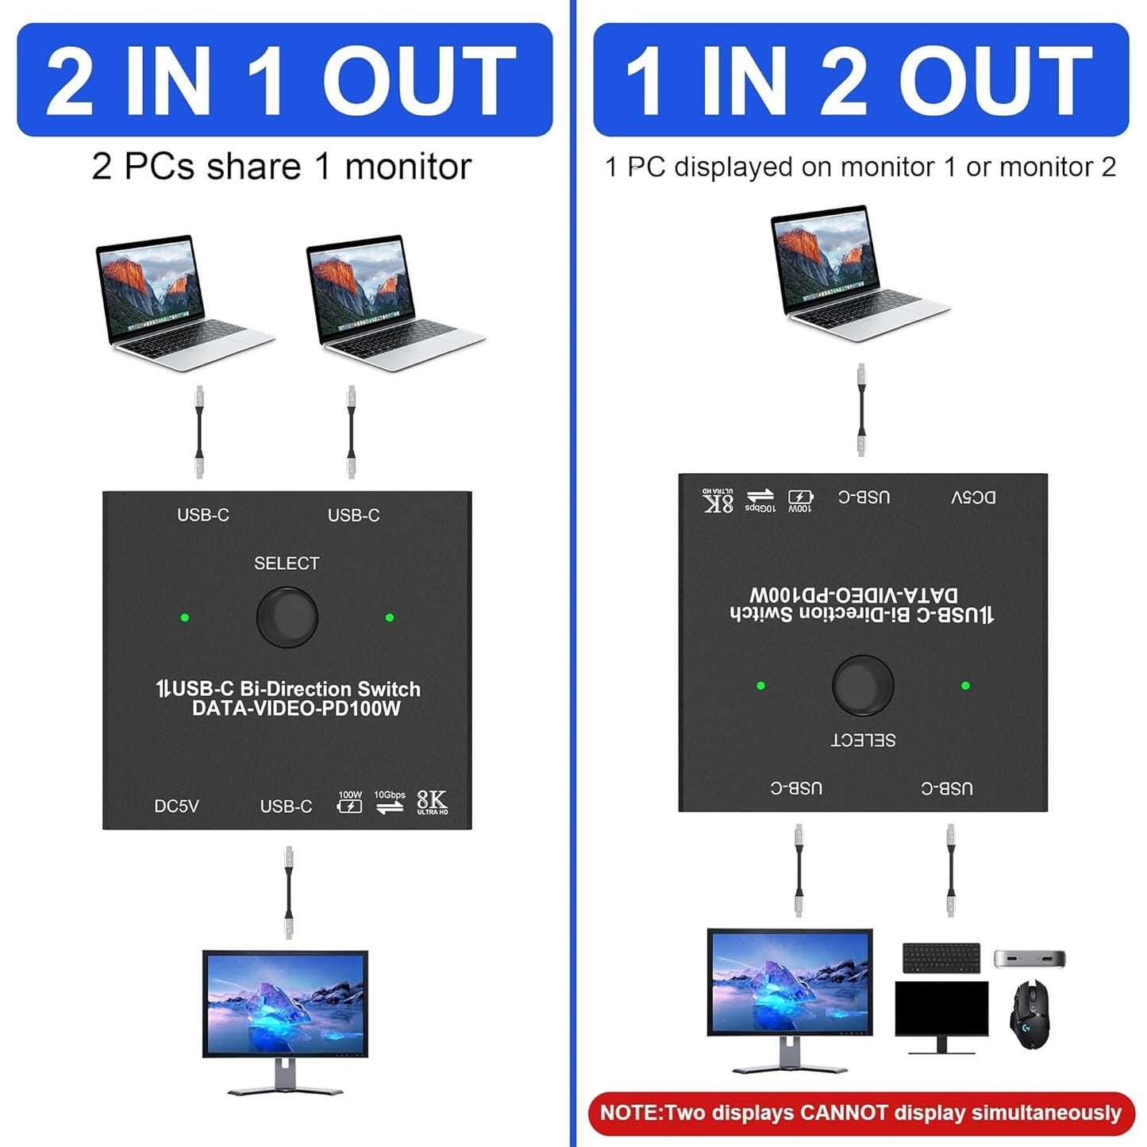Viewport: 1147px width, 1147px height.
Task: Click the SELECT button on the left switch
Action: (287, 618)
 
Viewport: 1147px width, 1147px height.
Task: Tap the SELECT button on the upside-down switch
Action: (863, 685)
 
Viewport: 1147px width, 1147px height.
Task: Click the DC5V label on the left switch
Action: (176, 806)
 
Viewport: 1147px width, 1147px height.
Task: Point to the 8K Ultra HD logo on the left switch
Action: (432, 803)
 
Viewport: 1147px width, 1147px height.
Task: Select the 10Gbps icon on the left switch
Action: (390, 802)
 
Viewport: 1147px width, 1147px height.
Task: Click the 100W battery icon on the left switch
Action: (350, 802)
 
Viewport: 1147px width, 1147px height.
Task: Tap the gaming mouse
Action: (1030, 1015)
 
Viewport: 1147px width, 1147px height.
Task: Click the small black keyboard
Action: (941, 958)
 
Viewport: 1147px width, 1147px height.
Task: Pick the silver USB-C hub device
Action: (1030, 958)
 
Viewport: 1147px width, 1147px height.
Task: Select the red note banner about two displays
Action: (860, 1113)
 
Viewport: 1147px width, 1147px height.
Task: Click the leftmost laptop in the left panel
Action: (184, 302)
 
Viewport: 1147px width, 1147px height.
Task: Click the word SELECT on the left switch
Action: (287, 563)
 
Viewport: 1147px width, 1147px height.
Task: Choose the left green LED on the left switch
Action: (184, 618)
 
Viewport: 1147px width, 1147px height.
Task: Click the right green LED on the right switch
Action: (965, 686)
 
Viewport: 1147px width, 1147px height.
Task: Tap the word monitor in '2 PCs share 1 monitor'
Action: (408, 167)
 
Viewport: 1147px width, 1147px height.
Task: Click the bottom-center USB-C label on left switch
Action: (286, 806)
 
